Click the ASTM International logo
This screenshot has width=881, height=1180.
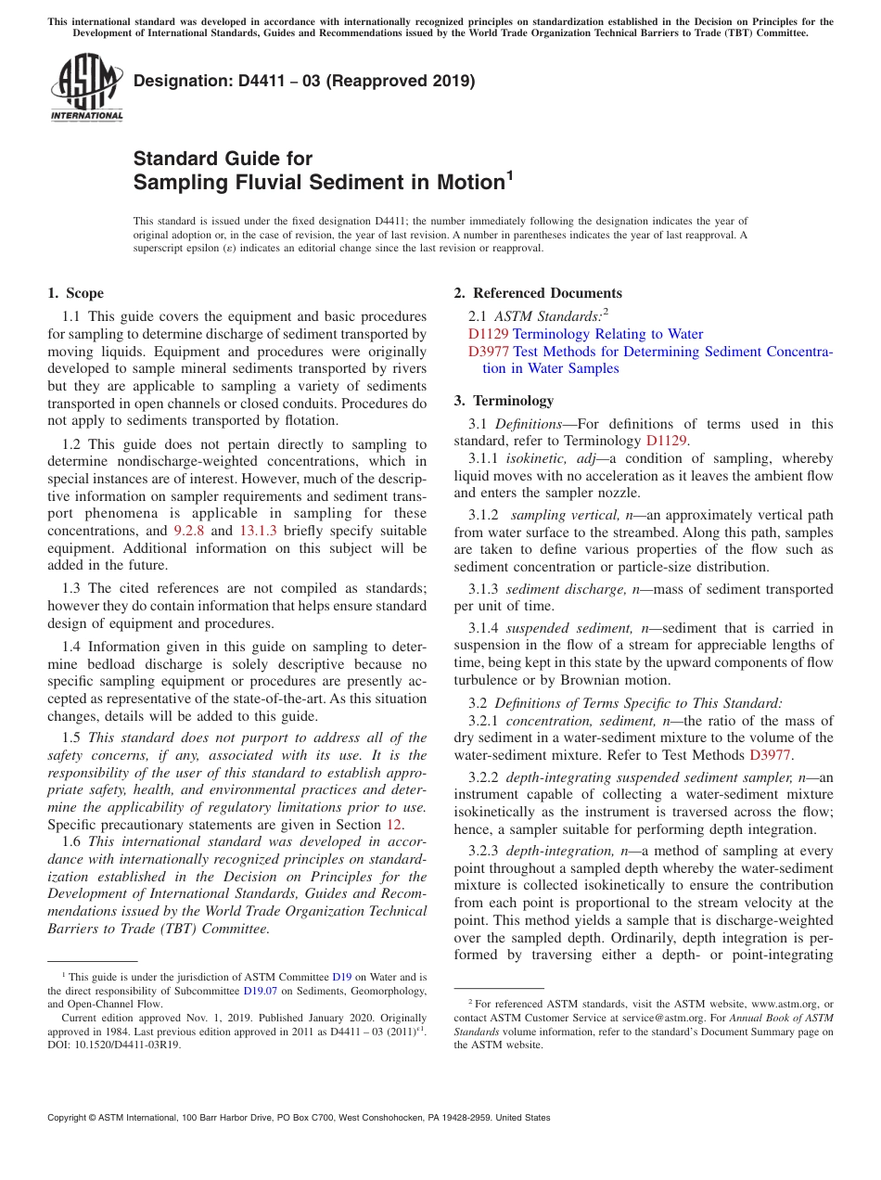86,89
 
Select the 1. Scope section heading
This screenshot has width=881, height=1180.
75,293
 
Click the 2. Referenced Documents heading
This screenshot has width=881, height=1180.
538,293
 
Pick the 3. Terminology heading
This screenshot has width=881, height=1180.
504,401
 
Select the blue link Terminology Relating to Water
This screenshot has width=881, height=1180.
607,334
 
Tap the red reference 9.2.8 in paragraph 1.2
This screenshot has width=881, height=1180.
189,531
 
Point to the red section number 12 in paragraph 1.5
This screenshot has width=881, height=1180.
393,824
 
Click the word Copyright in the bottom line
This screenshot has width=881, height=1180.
69,1118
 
